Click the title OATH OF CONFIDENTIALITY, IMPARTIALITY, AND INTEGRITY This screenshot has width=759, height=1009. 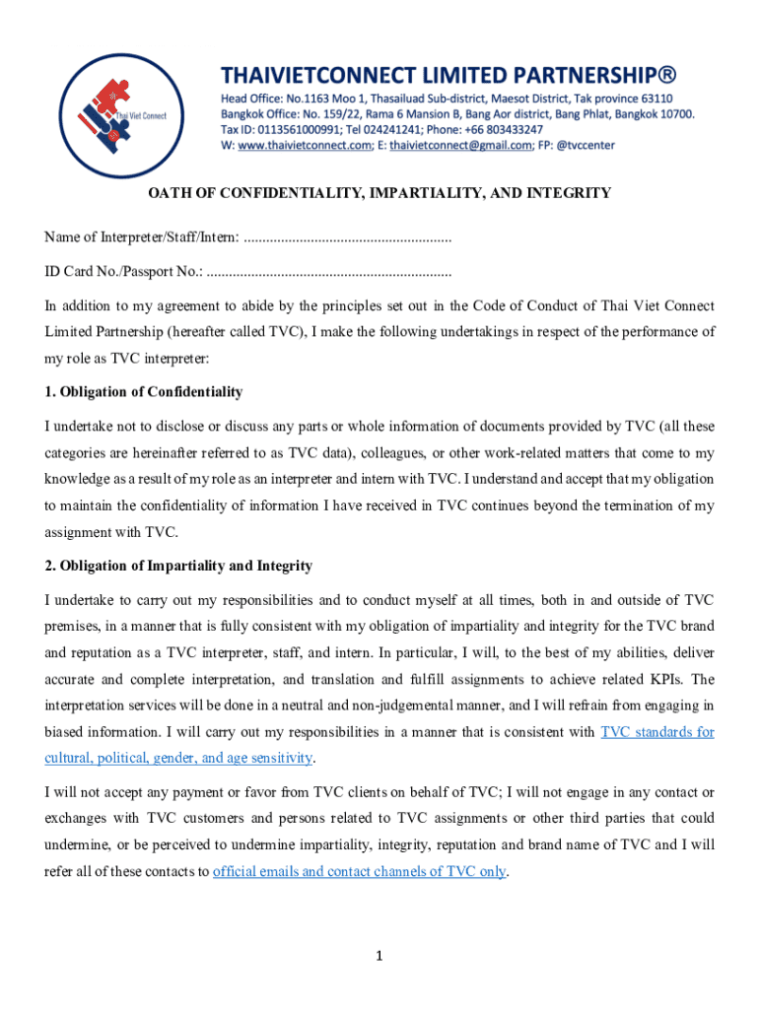pos(379,193)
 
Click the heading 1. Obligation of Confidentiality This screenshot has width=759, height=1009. pos(144,392)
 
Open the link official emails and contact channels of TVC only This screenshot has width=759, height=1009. pos(360,871)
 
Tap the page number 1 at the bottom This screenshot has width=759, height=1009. pos(379,955)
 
